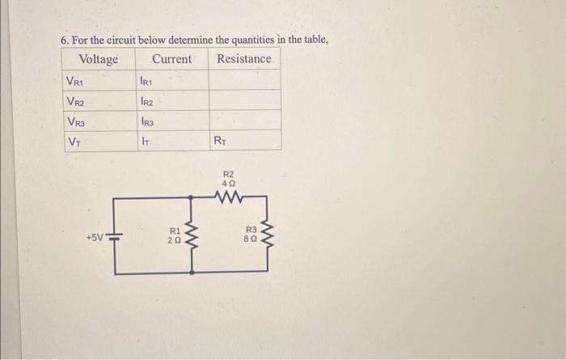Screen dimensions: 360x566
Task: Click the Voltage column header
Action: pos(98,59)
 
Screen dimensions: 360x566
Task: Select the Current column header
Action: pos(171,59)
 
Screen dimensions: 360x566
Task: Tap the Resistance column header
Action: pos(243,59)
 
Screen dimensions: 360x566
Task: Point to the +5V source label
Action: pos(95,239)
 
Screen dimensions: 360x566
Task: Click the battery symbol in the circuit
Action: pos(114,238)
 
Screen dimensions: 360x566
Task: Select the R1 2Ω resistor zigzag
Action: pos(192,235)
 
